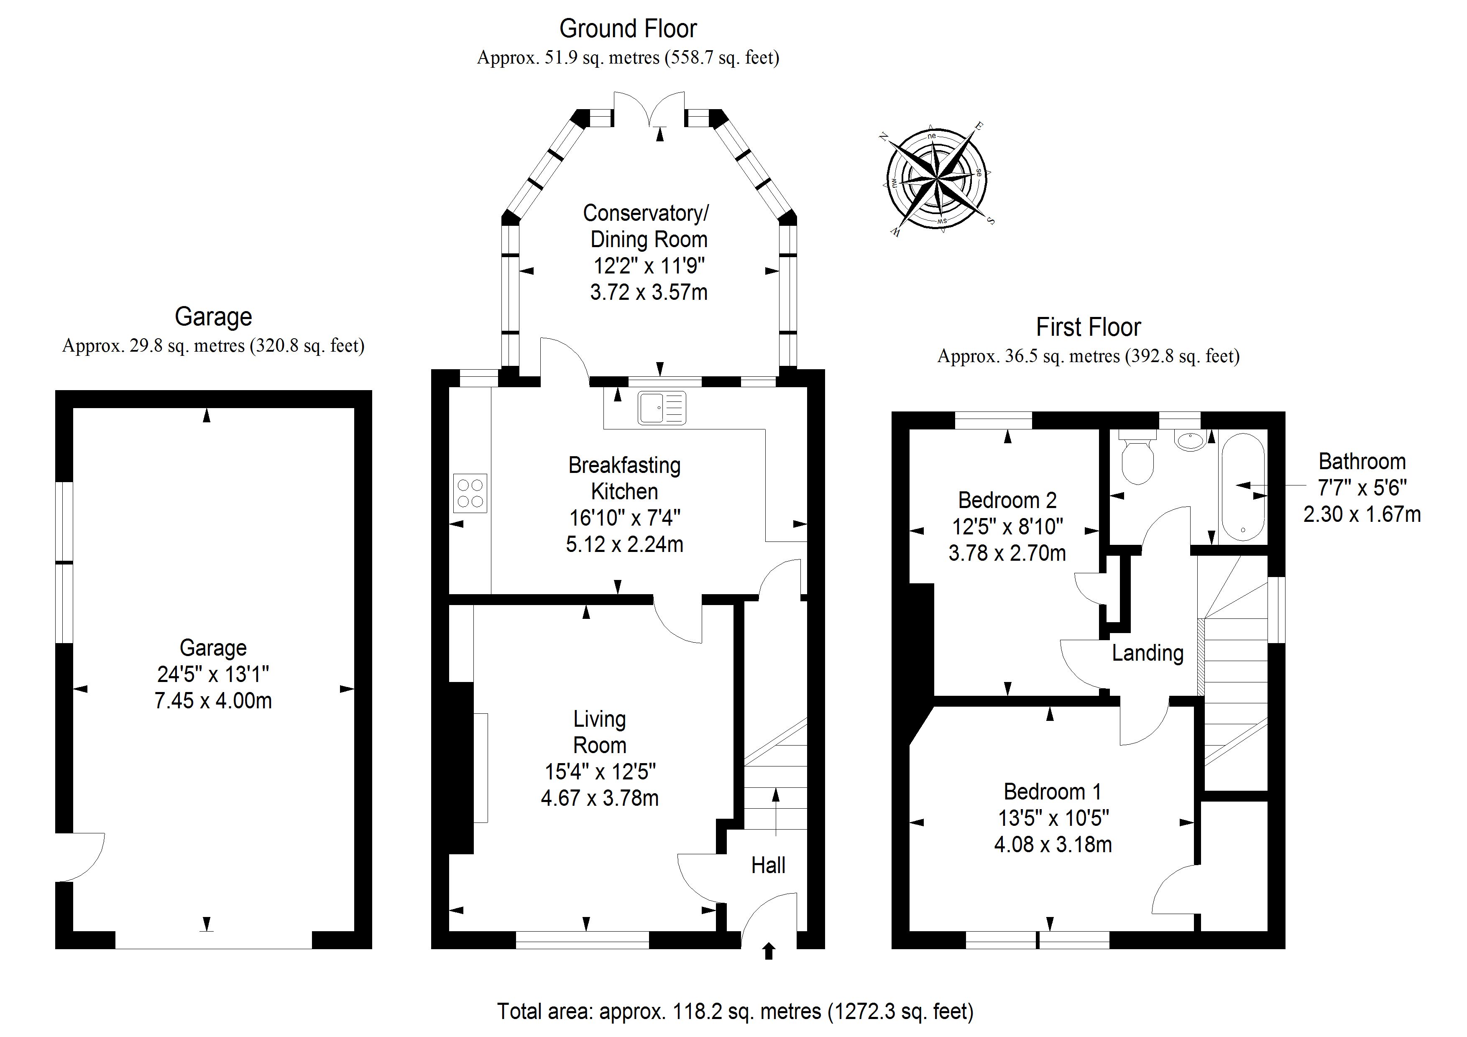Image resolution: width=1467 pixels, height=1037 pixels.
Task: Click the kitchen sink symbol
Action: pyautogui.click(x=662, y=408)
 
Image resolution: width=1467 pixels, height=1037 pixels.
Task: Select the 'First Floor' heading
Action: pyautogui.click(x=1088, y=327)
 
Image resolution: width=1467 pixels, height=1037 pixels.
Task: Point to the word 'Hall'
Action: pyautogui.click(x=768, y=865)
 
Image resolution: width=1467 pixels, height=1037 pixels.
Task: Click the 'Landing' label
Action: pyautogui.click(x=1148, y=653)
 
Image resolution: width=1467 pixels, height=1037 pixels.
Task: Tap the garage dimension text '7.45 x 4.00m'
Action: pyautogui.click(x=213, y=700)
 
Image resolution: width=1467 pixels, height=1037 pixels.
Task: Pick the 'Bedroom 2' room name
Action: pyautogui.click(x=1007, y=500)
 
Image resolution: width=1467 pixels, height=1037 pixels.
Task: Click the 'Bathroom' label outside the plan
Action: pyautogui.click(x=1362, y=461)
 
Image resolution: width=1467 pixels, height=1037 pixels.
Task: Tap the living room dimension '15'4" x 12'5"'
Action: pyautogui.click(x=600, y=772)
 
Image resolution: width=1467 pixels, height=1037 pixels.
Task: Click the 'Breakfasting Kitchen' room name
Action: pyautogui.click(x=624, y=478)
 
